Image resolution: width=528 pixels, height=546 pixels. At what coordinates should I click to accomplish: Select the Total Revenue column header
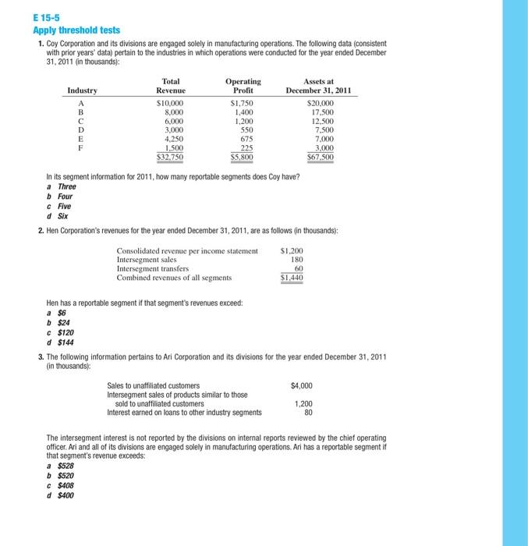point(170,86)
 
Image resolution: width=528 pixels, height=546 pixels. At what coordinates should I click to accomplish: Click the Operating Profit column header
point(243,86)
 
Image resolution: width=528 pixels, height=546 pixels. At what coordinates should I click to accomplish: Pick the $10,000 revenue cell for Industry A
point(170,102)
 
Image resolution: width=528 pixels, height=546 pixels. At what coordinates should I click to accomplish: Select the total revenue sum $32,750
point(169,156)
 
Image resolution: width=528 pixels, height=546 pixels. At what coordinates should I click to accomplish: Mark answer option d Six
point(57,216)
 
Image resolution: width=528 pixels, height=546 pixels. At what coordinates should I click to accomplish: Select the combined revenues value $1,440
point(291,278)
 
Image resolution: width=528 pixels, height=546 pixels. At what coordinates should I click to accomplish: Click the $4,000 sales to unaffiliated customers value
point(301,385)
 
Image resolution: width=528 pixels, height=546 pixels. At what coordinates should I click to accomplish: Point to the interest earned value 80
point(307,413)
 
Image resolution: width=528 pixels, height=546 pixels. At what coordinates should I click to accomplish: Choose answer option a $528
point(60,466)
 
